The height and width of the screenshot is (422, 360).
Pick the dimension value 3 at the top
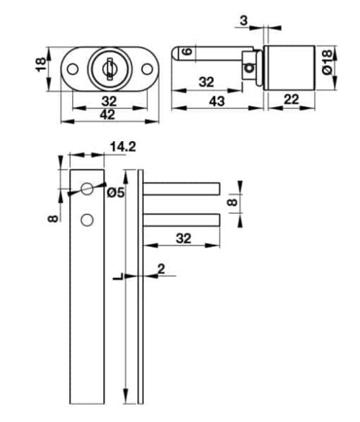pyautogui.click(x=244, y=21)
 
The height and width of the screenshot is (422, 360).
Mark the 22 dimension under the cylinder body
pyautogui.click(x=292, y=102)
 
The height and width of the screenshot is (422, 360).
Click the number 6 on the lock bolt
pyautogui.click(x=186, y=53)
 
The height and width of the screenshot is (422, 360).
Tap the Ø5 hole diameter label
pyautogui.click(x=115, y=192)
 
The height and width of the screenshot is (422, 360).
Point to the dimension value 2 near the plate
pyautogui.click(x=161, y=269)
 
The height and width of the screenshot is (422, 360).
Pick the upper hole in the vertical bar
pyautogui.click(x=86, y=189)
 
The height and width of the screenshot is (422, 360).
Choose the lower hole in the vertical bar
pyautogui.click(x=86, y=220)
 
